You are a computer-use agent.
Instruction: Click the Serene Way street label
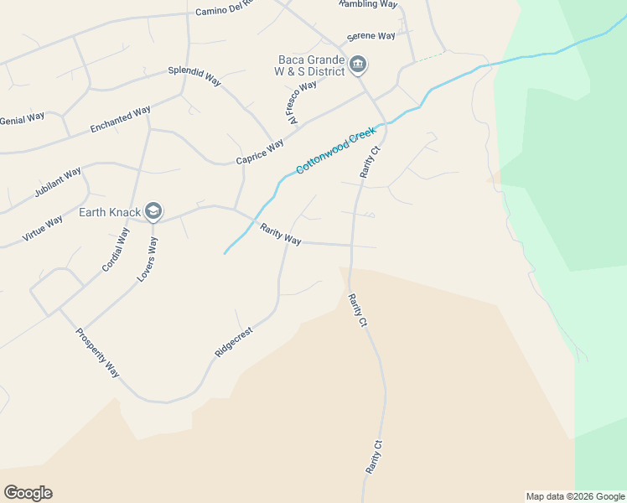pyautogui.click(x=371, y=37)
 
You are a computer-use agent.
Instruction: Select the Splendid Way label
pyautogui.click(x=194, y=75)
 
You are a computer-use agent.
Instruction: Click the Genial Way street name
pyautogui.click(x=22, y=118)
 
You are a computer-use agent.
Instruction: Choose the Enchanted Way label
pyautogui.click(x=120, y=119)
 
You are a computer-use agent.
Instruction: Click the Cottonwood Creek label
pyautogui.click(x=334, y=151)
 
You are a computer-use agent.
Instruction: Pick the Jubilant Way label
pyautogui.click(x=58, y=182)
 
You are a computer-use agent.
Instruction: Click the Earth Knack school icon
pyautogui.click(x=153, y=210)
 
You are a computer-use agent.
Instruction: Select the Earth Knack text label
pyautogui.click(x=109, y=211)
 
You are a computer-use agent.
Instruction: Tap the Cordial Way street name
pyautogui.click(x=116, y=249)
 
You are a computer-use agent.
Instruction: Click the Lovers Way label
pyautogui.click(x=148, y=258)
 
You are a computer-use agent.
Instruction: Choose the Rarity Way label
pyautogui.click(x=280, y=235)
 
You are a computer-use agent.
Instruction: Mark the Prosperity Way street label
pyautogui.click(x=98, y=351)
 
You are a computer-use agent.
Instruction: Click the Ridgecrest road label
pyautogui.click(x=234, y=342)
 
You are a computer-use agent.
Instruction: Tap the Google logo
pyautogui.click(x=28, y=493)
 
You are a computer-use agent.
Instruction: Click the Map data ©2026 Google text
pyautogui.click(x=575, y=496)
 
